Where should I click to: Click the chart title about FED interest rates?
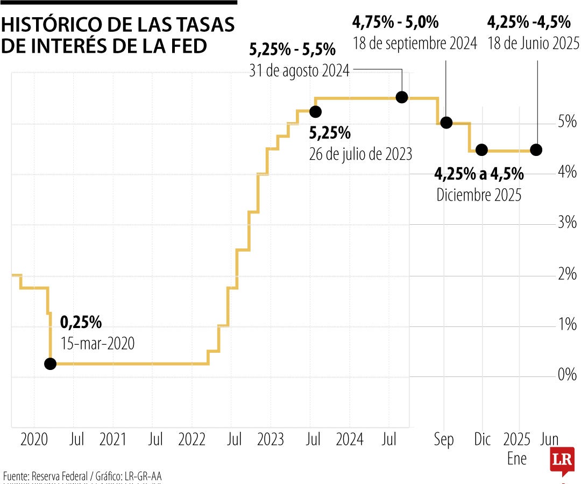[118, 35]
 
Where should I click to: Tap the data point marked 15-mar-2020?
[50, 364]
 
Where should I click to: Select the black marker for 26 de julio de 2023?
[315, 112]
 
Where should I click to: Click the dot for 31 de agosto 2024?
[401, 97]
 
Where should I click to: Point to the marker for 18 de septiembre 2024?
[446, 123]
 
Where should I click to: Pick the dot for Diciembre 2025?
[481, 150]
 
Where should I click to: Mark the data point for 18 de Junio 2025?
[536, 150]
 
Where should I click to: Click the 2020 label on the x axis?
[34, 440]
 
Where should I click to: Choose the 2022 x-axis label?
[192, 440]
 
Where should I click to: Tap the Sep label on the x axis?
[444, 440]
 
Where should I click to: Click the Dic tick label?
[483, 440]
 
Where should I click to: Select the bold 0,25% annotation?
[81, 323]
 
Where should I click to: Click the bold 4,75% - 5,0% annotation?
[395, 23]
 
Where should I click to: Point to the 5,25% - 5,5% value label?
[292, 51]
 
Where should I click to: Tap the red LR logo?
[562, 460]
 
